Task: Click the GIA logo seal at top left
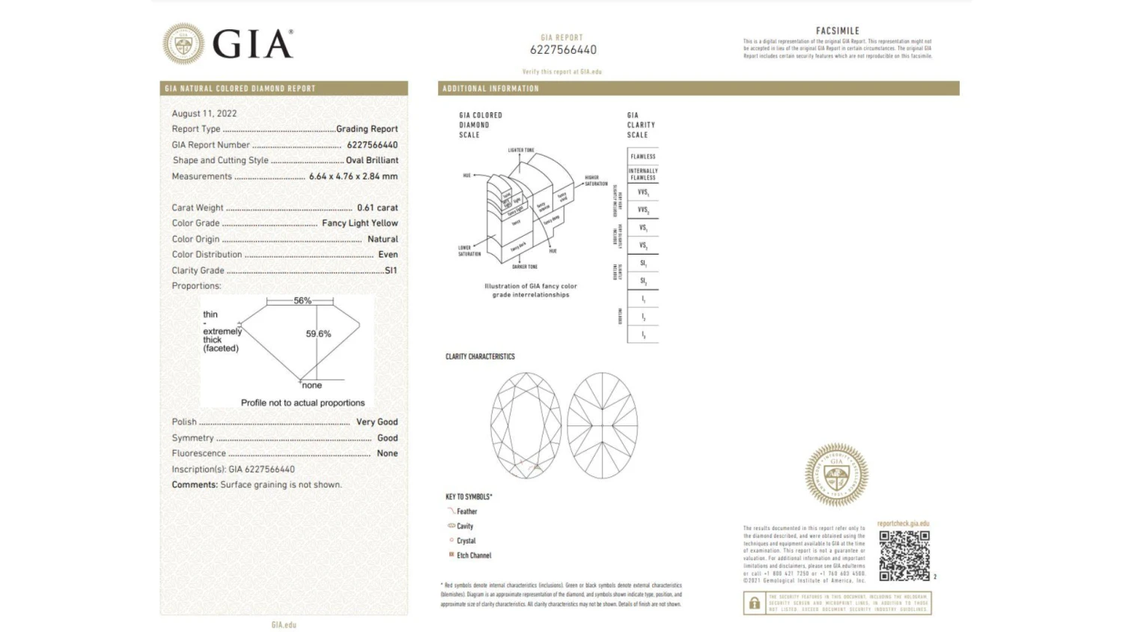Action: pos(183,43)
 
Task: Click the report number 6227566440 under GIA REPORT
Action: pos(563,50)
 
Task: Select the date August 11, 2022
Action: pos(204,114)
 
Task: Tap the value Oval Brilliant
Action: pos(372,160)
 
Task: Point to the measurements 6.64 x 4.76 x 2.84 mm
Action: pos(353,177)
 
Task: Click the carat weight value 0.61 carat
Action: pos(377,207)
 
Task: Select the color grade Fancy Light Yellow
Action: pos(360,223)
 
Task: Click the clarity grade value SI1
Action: pos(391,270)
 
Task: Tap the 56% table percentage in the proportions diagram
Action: pos(302,300)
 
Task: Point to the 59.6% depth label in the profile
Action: pos(318,334)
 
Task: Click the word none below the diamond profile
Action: pos(311,386)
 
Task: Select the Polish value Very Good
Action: pos(377,422)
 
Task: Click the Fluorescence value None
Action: pos(387,454)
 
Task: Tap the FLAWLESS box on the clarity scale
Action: pos(642,157)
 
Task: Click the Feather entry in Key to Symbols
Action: pos(466,511)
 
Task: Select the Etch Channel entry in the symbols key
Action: pos(474,556)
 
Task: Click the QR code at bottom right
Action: pos(904,556)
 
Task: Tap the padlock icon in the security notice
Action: pos(755,604)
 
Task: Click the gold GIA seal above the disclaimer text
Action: pos(836,474)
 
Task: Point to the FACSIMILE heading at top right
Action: pos(837,31)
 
